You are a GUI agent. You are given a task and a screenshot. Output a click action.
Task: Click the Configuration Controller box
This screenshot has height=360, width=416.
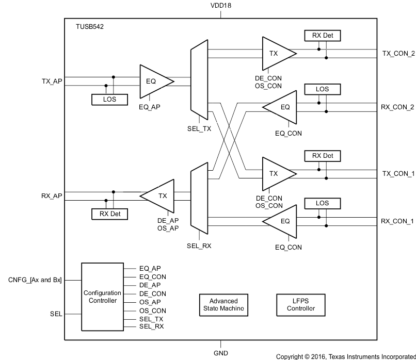tap(102, 297)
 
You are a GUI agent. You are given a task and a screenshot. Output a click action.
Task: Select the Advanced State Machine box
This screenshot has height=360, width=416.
tap(223, 305)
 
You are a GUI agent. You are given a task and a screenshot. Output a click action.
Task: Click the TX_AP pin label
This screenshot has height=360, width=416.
tap(52, 81)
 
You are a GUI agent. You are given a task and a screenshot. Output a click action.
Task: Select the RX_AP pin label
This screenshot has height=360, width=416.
tap(52, 195)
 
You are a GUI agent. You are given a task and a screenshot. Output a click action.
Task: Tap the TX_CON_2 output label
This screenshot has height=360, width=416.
tap(398, 53)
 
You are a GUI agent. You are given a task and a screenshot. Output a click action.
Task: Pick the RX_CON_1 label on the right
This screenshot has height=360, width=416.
tap(398, 221)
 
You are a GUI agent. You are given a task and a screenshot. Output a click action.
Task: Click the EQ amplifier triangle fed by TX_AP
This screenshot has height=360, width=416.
tap(153, 81)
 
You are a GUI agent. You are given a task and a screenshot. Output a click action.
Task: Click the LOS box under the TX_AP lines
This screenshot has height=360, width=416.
tap(109, 99)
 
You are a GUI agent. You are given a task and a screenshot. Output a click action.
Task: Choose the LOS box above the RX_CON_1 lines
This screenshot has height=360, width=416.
tap(323, 204)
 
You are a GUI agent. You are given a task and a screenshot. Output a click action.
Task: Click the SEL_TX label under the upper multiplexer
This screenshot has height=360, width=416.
tap(199, 129)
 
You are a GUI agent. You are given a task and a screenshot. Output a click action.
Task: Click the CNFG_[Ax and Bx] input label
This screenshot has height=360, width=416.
tap(35, 280)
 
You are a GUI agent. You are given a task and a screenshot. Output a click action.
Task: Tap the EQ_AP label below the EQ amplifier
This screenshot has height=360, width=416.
tap(150, 107)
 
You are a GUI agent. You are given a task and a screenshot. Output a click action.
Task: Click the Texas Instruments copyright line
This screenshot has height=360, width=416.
tap(345, 356)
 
